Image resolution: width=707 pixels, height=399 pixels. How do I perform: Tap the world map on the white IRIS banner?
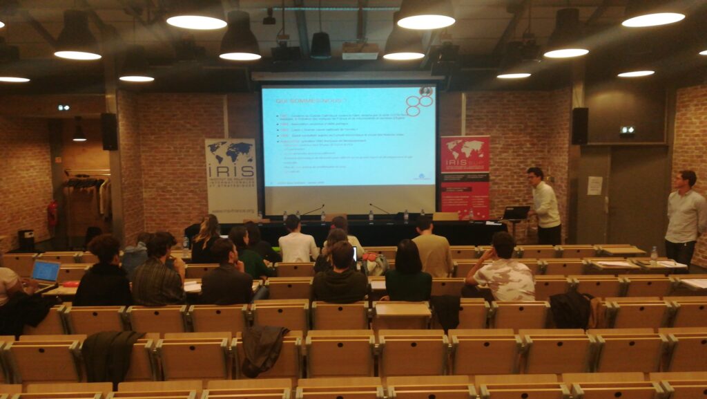(x=231, y=151)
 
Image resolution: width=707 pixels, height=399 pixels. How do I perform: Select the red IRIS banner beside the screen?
(x=465, y=176)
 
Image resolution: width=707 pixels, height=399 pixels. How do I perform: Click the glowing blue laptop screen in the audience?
(x=46, y=270)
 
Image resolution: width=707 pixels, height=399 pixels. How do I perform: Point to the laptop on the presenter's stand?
(x=516, y=213)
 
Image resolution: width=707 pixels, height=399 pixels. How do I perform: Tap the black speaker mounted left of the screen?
(x=109, y=131)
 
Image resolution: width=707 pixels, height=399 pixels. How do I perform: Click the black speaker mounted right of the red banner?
(x=579, y=125)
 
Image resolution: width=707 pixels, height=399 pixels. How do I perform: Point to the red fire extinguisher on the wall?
(x=52, y=214)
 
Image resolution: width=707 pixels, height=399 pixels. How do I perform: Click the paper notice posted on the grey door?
(x=594, y=185)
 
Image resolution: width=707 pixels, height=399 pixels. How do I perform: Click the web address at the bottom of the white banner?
(x=231, y=206)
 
